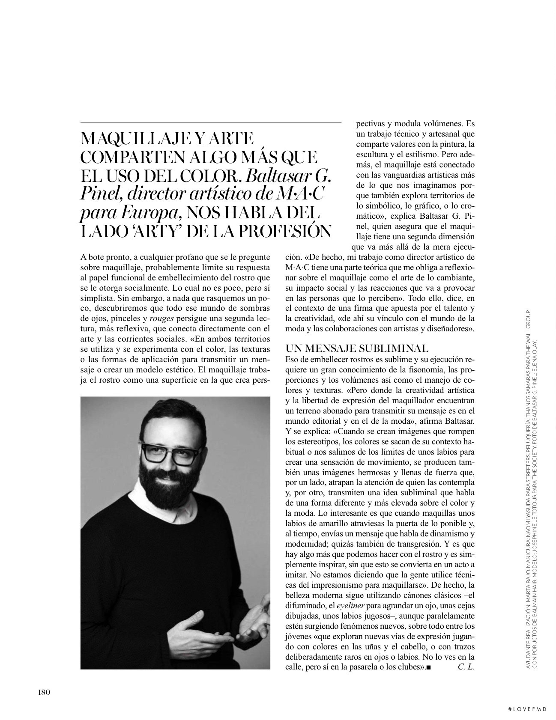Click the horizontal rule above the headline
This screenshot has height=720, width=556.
pos(210,123)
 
